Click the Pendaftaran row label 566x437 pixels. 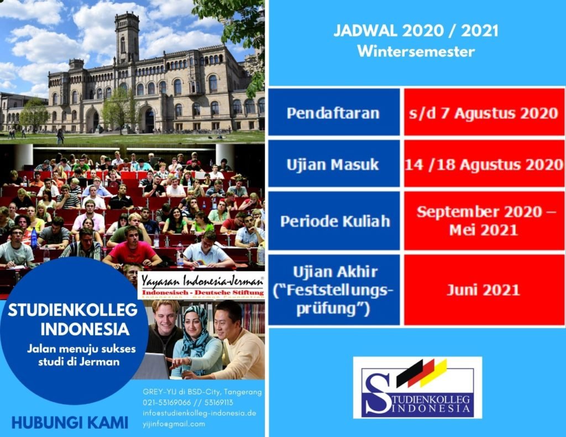[x=333, y=113]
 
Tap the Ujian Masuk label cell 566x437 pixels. [x=333, y=164]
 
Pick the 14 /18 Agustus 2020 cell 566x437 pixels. [x=484, y=164]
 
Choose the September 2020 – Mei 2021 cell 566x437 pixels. [x=484, y=221]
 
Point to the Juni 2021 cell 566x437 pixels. [x=484, y=290]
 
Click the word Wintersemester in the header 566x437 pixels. [x=416, y=51]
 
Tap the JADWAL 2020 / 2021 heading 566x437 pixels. [x=416, y=30]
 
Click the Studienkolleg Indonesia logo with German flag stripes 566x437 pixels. [x=418, y=388]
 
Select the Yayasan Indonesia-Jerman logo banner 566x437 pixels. [x=201, y=285]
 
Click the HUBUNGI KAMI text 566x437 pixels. [x=70, y=423]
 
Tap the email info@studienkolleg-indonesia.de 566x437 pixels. [x=199, y=413]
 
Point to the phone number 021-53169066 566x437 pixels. [x=167, y=402]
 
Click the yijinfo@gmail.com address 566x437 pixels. [x=174, y=424]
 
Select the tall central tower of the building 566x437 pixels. [x=127, y=38]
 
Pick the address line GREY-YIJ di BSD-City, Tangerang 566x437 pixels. [x=202, y=392]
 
